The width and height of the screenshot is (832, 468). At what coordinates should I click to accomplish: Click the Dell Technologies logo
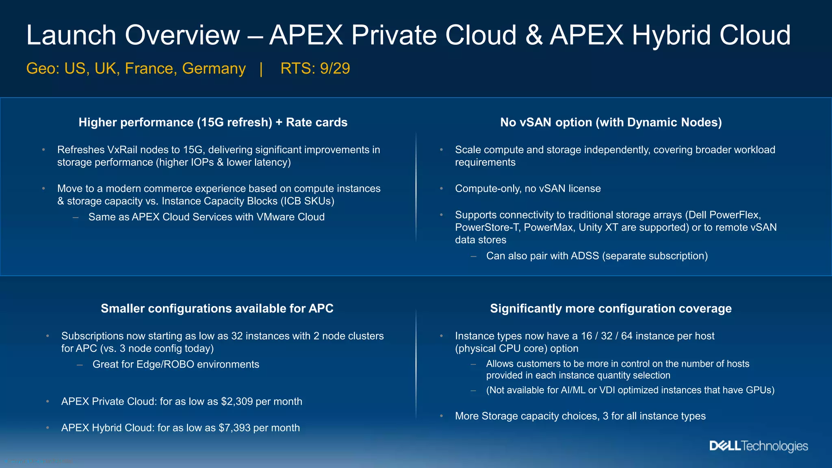pyautogui.click(x=758, y=446)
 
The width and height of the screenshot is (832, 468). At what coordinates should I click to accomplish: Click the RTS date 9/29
pyautogui.click(x=335, y=68)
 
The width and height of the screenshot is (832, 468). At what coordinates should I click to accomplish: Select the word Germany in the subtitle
pyautogui.click(x=214, y=68)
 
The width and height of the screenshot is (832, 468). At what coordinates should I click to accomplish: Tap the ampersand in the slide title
pyautogui.click(x=534, y=35)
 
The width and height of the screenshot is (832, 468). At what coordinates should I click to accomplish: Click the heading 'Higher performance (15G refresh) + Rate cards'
pyautogui.click(x=213, y=122)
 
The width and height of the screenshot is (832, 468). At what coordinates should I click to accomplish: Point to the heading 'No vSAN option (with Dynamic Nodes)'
pyautogui.click(x=611, y=122)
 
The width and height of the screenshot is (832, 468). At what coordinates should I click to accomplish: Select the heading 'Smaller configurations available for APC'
pyautogui.click(x=217, y=308)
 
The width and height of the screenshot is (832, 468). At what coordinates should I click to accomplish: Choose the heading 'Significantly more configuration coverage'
pyautogui.click(x=611, y=308)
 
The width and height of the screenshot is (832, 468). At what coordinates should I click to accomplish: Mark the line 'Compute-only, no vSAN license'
pyautogui.click(x=528, y=188)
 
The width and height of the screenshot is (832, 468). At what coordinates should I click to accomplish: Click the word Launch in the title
pyautogui.click(x=71, y=35)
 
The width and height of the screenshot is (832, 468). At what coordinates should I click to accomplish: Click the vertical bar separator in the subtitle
pyautogui.click(x=261, y=68)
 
